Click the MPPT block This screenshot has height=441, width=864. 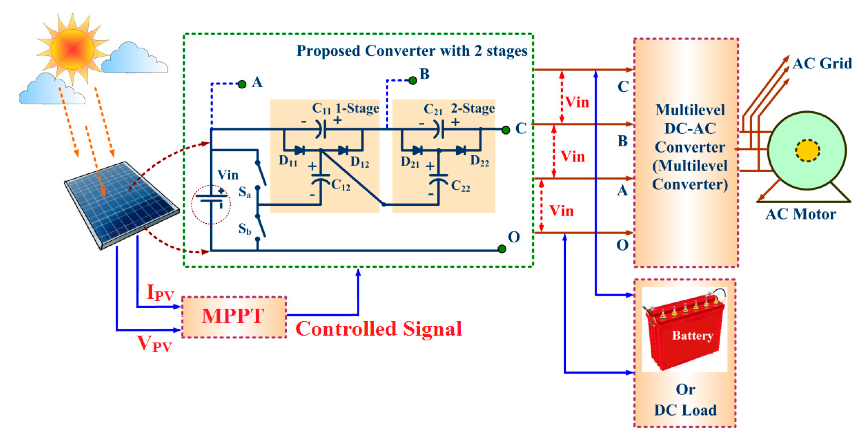[234, 316]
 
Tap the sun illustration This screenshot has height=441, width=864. [72, 49]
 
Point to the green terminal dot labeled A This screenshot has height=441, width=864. [242, 84]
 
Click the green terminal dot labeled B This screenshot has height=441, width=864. [413, 81]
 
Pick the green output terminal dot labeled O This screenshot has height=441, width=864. [502, 249]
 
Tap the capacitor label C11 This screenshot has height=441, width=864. [321, 108]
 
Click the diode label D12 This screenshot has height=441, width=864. [360, 163]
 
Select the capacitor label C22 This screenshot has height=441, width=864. [460, 186]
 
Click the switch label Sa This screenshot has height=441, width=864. [244, 192]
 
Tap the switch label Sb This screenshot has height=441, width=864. [244, 229]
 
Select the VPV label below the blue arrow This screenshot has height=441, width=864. [155, 344]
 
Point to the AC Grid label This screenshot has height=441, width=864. [822, 63]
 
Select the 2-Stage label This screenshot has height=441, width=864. [473, 108]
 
